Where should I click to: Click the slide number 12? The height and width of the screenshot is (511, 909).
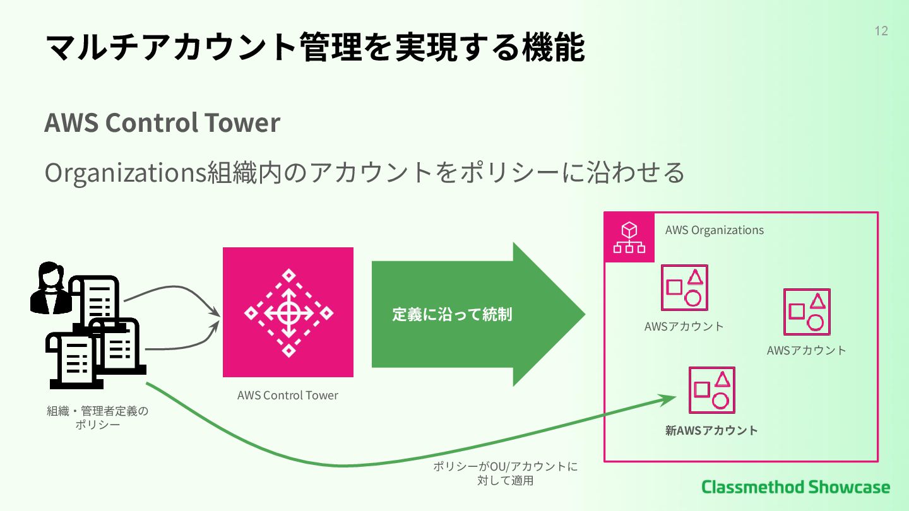pos(881,31)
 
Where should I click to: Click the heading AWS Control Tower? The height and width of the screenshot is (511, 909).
pos(162,122)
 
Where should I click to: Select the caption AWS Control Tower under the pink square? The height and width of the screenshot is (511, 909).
pos(288,396)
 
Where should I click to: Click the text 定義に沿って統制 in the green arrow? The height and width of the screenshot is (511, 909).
pos(452,314)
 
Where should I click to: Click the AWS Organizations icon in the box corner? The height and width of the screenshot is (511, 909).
pos(629,237)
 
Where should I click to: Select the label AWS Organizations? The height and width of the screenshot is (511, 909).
pos(714,230)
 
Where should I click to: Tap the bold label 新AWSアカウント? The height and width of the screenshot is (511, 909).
pos(711,431)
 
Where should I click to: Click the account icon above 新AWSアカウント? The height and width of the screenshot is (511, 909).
pos(711,390)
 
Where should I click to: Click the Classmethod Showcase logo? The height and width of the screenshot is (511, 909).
pos(795,487)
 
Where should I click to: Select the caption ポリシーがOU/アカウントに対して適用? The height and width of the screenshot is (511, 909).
pos(505,474)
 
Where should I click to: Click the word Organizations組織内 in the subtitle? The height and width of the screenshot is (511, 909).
pos(157,172)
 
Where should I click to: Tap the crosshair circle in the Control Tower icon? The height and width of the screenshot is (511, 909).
pos(288,312)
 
